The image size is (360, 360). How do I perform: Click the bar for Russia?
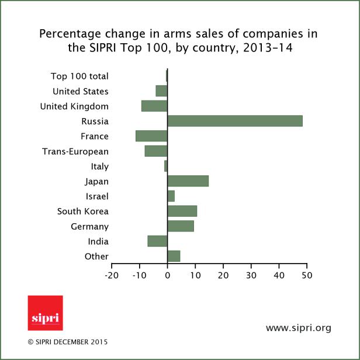point(235,121)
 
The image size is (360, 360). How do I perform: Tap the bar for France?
point(151,136)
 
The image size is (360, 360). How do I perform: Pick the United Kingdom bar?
point(154,106)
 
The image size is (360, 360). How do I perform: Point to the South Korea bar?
point(182,211)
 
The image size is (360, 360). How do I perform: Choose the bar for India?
point(157,241)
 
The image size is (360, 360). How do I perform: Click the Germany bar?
point(181,226)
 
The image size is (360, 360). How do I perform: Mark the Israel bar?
point(171,196)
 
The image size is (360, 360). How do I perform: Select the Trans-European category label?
point(75,151)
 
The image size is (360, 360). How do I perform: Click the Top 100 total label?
point(79,76)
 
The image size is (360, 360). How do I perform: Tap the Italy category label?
point(99,167)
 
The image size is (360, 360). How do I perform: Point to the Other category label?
point(96,257)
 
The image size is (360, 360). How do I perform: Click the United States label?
point(81,91)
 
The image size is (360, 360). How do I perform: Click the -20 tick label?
point(112,274)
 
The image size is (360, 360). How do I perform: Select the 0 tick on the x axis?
point(168,274)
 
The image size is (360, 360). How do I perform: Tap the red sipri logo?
point(45,313)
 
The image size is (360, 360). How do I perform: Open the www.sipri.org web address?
point(298,328)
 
